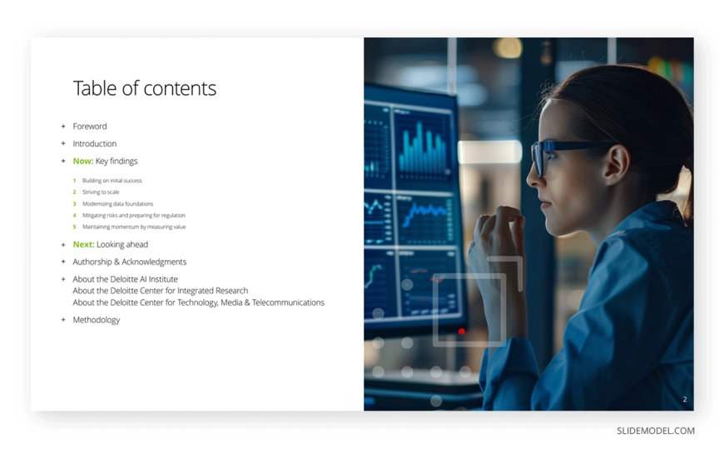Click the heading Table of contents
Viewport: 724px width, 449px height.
click(145, 88)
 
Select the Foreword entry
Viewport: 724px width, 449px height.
click(90, 127)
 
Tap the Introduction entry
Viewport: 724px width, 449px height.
click(95, 144)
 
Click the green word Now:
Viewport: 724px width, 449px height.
click(83, 161)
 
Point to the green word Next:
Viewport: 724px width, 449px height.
click(83, 244)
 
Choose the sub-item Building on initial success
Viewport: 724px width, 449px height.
click(112, 180)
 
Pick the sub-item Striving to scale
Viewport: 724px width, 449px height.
click(101, 192)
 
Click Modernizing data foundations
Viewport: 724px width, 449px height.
click(117, 203)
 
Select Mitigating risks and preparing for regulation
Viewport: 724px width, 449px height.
click(134, 215)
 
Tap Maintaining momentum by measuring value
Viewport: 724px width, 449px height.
click(134, 227)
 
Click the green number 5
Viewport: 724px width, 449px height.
click(74, 227)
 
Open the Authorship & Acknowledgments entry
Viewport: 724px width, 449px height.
click(130, 262)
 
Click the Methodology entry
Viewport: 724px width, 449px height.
click(97, 320)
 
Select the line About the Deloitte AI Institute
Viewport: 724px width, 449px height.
click(125, 279)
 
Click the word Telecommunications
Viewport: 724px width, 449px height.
click(288, 302)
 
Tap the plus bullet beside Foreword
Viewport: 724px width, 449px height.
click(63, 127)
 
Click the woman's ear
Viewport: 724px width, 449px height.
click(617, 164)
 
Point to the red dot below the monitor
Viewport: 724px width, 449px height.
click(462, 332)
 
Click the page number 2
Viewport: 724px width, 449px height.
click(685, 399)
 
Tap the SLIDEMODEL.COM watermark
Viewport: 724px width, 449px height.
click(656, 431)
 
